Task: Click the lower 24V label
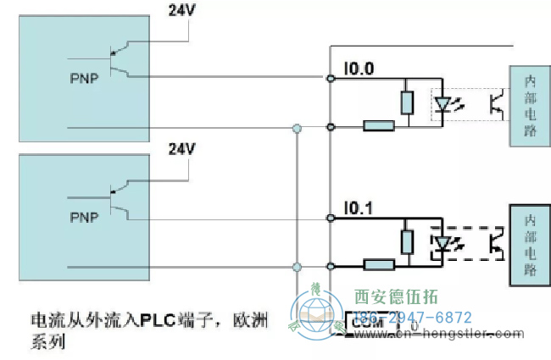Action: point(181,149)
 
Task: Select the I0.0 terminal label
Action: point(358,68)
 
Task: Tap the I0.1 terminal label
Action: point(358,207)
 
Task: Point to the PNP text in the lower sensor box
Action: point(83,216)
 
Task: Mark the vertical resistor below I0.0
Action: point(407,102)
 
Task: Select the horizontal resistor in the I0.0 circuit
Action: point(379,126)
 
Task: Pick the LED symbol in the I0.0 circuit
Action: point(443,104)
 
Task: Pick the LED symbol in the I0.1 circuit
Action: point(443,243)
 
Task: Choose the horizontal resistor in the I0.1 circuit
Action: point(379,264)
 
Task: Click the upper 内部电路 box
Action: point(530,107)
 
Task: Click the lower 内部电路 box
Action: point(530,244)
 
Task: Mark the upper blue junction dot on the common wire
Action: point(297,129)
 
